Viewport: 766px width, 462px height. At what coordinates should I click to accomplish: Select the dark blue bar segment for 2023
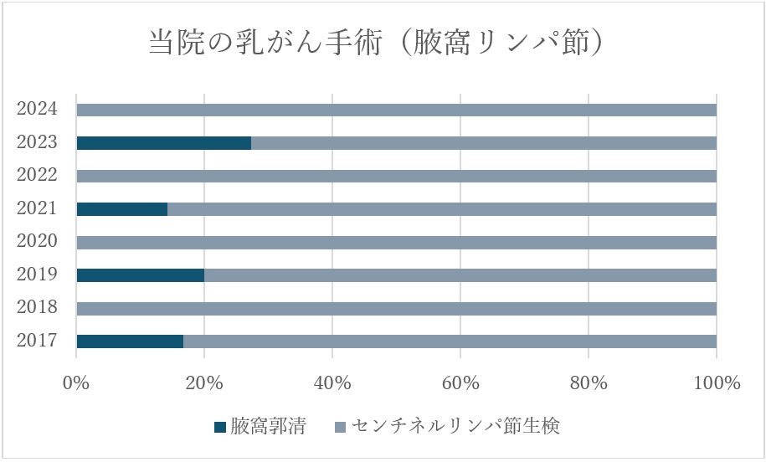[163, 143]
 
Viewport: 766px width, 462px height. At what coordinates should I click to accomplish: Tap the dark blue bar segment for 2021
[121, 209]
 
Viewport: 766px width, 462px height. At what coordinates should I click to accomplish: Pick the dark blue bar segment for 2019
[140, 275]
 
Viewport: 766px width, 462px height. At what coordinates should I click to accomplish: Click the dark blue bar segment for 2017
[130, 341]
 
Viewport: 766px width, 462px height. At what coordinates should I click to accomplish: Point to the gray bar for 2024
[396, 110]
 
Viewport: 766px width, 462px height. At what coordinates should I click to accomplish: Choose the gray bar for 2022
[396, 176]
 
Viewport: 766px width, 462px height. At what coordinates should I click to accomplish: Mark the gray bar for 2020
[396, 242]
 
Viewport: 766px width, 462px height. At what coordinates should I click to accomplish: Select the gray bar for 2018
[396, 308]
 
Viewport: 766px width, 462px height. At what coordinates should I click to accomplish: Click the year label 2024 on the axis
[37, 109]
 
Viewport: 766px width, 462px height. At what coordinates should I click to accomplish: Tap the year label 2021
[37, 208]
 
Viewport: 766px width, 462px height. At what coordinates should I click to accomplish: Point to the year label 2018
[37, 307]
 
